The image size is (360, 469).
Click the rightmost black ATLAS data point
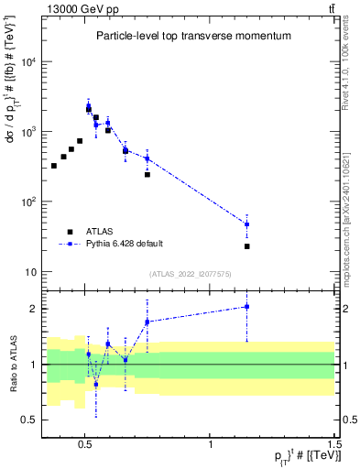pos(247,246)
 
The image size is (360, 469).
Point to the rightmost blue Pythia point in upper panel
pos(247,224)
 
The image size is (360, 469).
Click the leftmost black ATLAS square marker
pos(54,166)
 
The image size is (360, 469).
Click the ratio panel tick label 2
pos(34,309)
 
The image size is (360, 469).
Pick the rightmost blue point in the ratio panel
pos(247,307)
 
